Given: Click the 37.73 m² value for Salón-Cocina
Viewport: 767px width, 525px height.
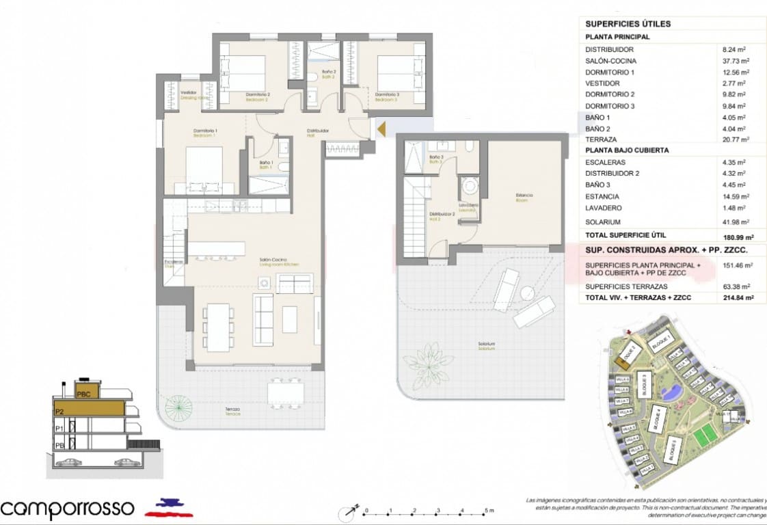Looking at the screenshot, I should (x=736, y=61).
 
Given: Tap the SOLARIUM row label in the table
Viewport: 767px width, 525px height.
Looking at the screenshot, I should (x=602, y=222).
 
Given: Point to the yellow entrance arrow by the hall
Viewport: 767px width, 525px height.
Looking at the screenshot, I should (x=381, y=128).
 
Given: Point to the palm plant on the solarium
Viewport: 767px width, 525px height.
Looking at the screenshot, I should (x=427, y=363).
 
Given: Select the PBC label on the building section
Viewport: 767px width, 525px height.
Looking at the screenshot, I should (x=84, y=394).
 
